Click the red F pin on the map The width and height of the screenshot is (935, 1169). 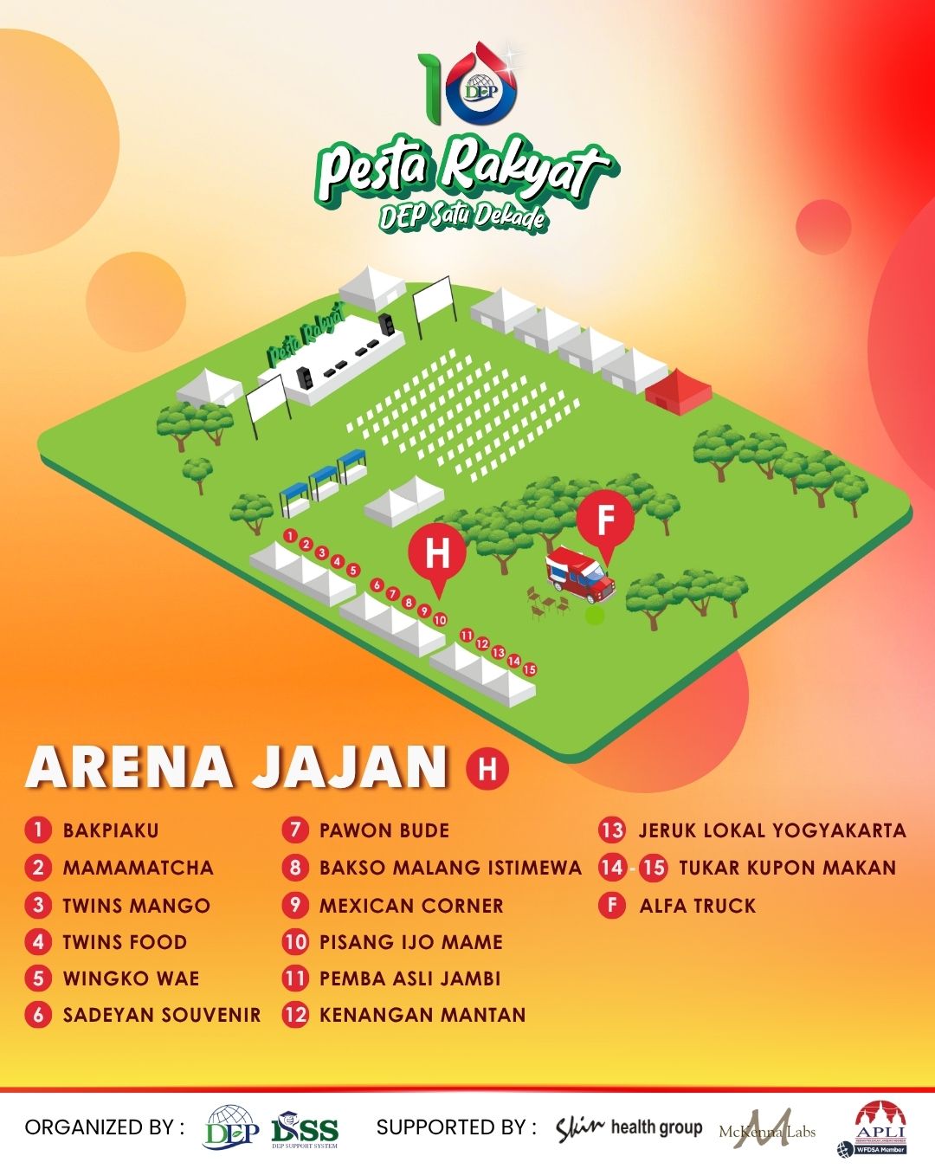click(x=606, y=521)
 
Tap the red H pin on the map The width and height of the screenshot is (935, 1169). click(x=438, y=552)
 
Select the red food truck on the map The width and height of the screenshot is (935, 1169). click(x=580, y=574)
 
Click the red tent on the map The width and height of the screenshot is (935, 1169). click(x=678, y=389)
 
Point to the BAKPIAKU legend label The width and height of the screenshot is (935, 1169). click(x=111, y=830)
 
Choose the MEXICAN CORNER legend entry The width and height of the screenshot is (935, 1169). click(x=411, y=906)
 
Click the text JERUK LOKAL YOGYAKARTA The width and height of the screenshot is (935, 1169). click(x=772, y=830)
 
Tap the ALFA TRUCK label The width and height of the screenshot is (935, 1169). click(x=698, y=906)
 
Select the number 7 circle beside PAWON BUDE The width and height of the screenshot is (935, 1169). click(x=295, y=830)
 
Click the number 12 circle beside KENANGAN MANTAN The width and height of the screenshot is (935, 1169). click(x=295, y=1015)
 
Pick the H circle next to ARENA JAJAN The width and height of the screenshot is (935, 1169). click(x=487, y=769)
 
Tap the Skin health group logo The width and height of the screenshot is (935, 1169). click(x=629, y=1127)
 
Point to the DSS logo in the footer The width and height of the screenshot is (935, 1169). click(x=305, y=1130)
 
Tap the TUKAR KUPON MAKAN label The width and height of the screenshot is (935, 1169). click(x=788, y=868)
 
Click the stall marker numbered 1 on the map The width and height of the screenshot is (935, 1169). click(x=291, y=535)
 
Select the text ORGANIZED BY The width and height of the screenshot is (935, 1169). click(x=104, y=1127)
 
